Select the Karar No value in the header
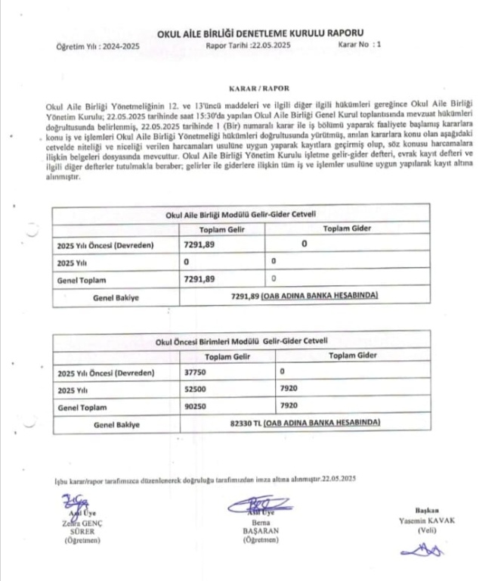tap(379, 45)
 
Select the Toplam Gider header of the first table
tap(349, 229)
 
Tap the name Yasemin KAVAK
tap(428, 521)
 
